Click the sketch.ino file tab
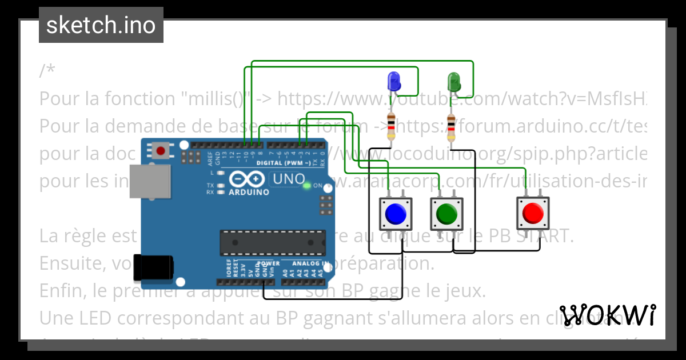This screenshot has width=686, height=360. tap(101, 25)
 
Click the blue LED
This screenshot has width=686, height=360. tap(393, 82)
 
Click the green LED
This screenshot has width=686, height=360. tap(454, 82)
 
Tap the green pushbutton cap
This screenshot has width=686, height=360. tap(445, 214)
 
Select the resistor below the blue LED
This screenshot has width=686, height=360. tap(391, 126)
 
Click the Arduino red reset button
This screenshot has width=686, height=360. tap(161, 151)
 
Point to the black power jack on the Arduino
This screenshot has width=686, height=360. tap(153, 267)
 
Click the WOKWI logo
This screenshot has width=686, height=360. tap(608, 315)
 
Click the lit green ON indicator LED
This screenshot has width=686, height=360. tap(307, 185)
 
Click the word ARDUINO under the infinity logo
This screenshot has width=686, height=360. tap(249, 193)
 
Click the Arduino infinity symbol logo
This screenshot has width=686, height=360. tap(249, 179)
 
